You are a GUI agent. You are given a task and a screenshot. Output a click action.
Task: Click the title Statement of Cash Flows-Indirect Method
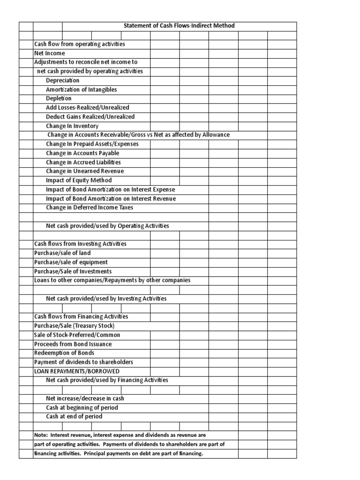[179, 26]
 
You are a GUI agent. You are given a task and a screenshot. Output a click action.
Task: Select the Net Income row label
[50, 53]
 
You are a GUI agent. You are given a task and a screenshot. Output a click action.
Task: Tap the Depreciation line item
[63, 81]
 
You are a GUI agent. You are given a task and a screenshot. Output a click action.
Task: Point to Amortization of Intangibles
[82, 90]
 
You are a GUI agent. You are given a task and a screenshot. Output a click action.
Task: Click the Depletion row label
[59, 98]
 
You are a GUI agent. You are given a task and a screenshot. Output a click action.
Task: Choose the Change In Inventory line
[72, 126]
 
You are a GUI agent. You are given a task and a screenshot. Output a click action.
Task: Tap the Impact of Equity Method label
[79, 180]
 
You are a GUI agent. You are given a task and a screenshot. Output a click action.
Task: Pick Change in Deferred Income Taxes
[90, 208]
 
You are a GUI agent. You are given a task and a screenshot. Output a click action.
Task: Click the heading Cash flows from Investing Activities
[80, 244]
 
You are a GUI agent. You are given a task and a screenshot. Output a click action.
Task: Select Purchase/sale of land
[62, 253]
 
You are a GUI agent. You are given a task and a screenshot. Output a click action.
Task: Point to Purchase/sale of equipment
[71, 262]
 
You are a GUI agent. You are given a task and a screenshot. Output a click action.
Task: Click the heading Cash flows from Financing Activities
[81, 317]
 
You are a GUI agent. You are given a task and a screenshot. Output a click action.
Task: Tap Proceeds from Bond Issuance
[73, 344]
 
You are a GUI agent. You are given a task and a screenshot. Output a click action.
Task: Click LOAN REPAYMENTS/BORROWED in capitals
[74, 371]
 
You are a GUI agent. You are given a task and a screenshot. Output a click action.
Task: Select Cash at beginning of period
[82, 408]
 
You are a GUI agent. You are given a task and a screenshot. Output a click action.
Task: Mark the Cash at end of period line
[74, 417]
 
